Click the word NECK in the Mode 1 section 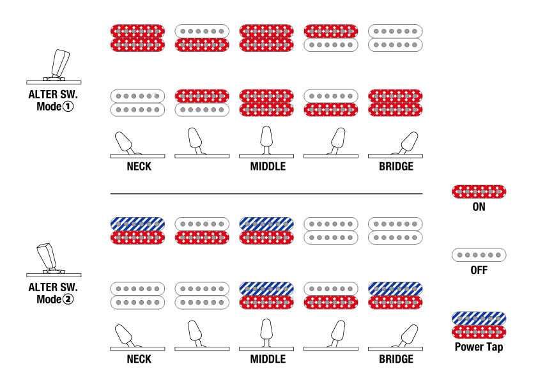(x=139, y=167)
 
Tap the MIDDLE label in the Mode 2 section (x=268, y=360)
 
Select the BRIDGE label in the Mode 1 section (x=396, y=167)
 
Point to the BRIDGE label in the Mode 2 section (x=396, y=360)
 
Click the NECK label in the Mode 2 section (x=139, y=360)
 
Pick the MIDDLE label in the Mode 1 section (x=268, y=167)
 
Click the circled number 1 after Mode (x=68, y=106)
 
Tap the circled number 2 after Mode (x=68, y=299)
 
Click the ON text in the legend (x=479, y=207)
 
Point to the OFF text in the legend (x=479, y=270)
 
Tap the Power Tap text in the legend (x=479, y=347)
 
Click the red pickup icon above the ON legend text (x=479, y=191)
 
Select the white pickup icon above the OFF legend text (x=479, y=255)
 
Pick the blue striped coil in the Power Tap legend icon (x=479, y=318)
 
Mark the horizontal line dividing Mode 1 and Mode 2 (x=266, y=194)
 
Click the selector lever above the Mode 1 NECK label (x=124, y=142)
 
